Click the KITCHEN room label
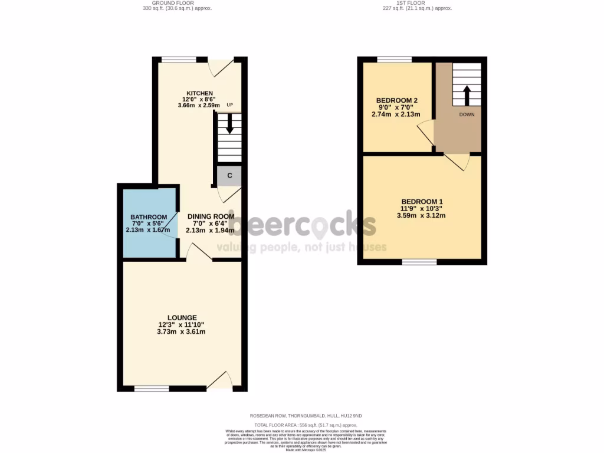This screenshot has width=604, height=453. pos(199,94)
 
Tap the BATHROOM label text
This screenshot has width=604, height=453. pos(149,217)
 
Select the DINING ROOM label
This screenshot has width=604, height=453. pos(211,216)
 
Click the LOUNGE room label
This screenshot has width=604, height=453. pos(182,317)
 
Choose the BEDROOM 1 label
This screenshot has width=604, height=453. pos(422,202)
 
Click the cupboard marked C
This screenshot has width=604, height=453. pos(229,175)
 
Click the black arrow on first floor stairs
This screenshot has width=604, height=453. pos(466,94)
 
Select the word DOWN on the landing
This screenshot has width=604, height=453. pos(466,115)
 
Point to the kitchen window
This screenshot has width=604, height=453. pos(179,59)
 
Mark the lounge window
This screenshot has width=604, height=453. pos(152,388)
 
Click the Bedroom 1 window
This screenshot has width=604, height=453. pos(419,261)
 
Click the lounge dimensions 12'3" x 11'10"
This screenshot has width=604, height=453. pos(182,325)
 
